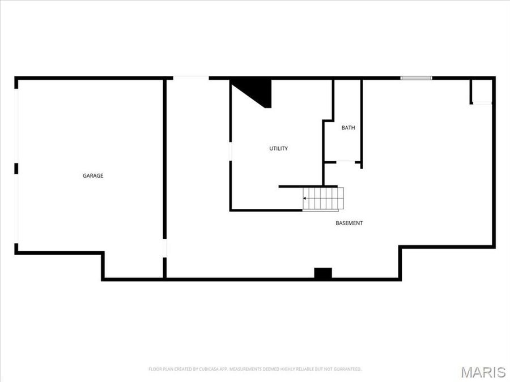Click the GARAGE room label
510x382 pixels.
[x=93, y=176]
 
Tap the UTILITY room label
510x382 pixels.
[x=278, y=149]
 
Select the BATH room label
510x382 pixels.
[x=348, y=128]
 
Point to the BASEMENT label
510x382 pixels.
[x=349, y=224]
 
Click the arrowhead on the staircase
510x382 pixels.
[x=305, y=199]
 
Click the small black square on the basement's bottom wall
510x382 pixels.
[x=322, y=273]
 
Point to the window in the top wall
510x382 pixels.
[x=416, y=78]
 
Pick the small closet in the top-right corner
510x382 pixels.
[x=482, y=91]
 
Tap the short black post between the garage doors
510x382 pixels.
[x=16, y=168]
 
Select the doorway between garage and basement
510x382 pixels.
[x=165, y=249]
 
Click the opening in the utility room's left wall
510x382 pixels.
[x=230, y=151]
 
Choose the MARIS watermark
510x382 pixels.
[x=483, y=372]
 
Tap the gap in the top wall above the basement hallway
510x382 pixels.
[x=191, y=78]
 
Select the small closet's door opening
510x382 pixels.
[x=482, y=103]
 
